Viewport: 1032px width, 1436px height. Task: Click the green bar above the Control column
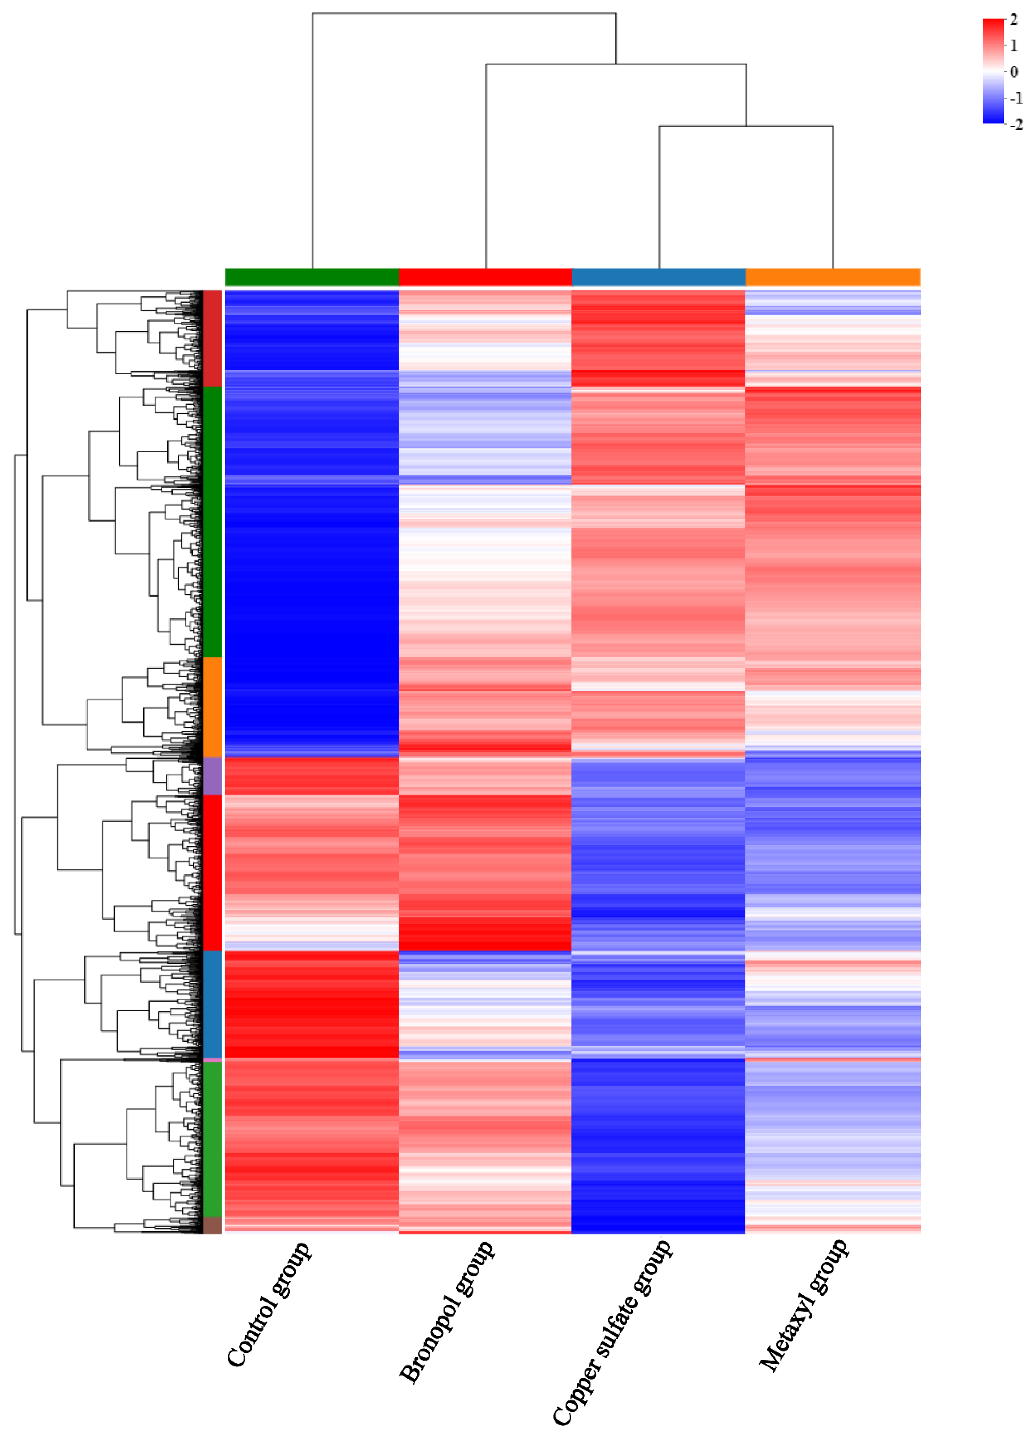(311, 277)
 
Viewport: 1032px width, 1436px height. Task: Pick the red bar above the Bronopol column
(485, 277)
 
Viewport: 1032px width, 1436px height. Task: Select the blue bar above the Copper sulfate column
(658, 277)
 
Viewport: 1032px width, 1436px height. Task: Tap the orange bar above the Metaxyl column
(833, 277)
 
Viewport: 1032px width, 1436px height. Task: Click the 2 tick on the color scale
(1013, 20)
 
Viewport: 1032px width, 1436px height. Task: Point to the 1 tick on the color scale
(1013, 46)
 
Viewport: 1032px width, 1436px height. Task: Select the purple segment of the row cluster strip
(212, 775)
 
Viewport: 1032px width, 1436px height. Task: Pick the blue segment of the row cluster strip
(212, 1004)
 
